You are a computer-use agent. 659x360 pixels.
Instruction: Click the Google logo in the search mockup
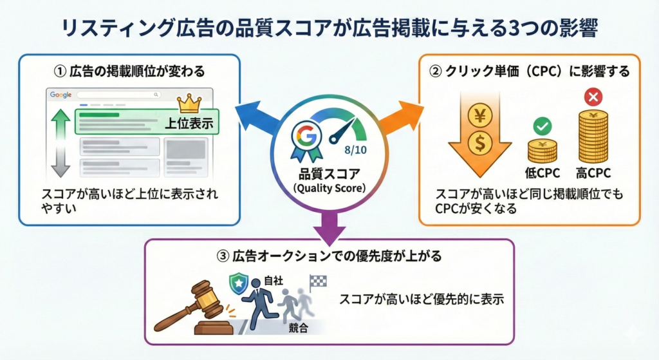60,95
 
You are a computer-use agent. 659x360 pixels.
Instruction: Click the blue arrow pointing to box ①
255,116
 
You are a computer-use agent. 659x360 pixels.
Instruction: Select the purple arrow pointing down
329,225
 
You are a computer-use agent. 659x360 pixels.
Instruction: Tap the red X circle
591,98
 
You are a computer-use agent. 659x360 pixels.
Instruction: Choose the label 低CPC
542,173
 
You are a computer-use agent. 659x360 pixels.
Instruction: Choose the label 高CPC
593,173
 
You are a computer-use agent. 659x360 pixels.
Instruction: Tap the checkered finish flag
317,282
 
